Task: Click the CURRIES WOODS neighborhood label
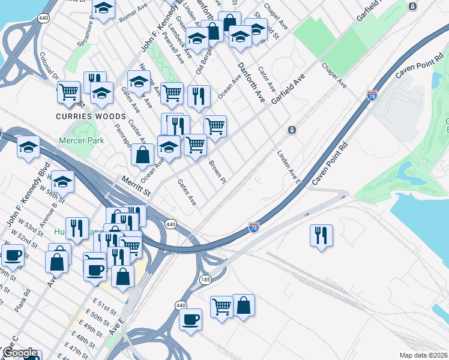click(x=91, y=116)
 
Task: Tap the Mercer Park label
click(x=81, y=140)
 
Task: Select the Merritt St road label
click(x=135, y=184)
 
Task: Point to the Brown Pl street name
click(x=217, y=172)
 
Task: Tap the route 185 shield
click(x=206, y=280)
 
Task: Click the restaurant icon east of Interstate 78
click(x=321, y=235)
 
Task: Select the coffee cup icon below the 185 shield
click(x=191, y=319)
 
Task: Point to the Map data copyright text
click(x=423, y=355)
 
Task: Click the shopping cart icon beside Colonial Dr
click(x=68, y=92)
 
